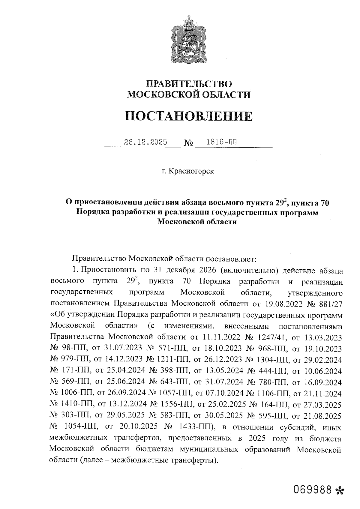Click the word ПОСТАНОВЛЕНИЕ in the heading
coord(188,116)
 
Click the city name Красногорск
coord(191,171)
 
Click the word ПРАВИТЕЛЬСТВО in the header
coord(189,84)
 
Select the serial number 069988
coord(313,490)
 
